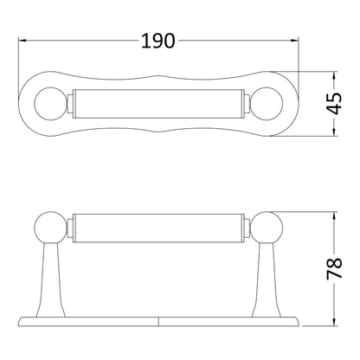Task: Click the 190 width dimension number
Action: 158,41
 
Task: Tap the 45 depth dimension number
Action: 334,104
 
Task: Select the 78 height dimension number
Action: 334,269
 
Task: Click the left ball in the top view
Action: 50,104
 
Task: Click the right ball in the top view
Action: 267,104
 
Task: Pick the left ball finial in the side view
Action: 50,228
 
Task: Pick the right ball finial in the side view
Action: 267,228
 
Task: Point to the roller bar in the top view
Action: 158,104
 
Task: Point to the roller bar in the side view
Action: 158,228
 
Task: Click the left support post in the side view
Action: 51,280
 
